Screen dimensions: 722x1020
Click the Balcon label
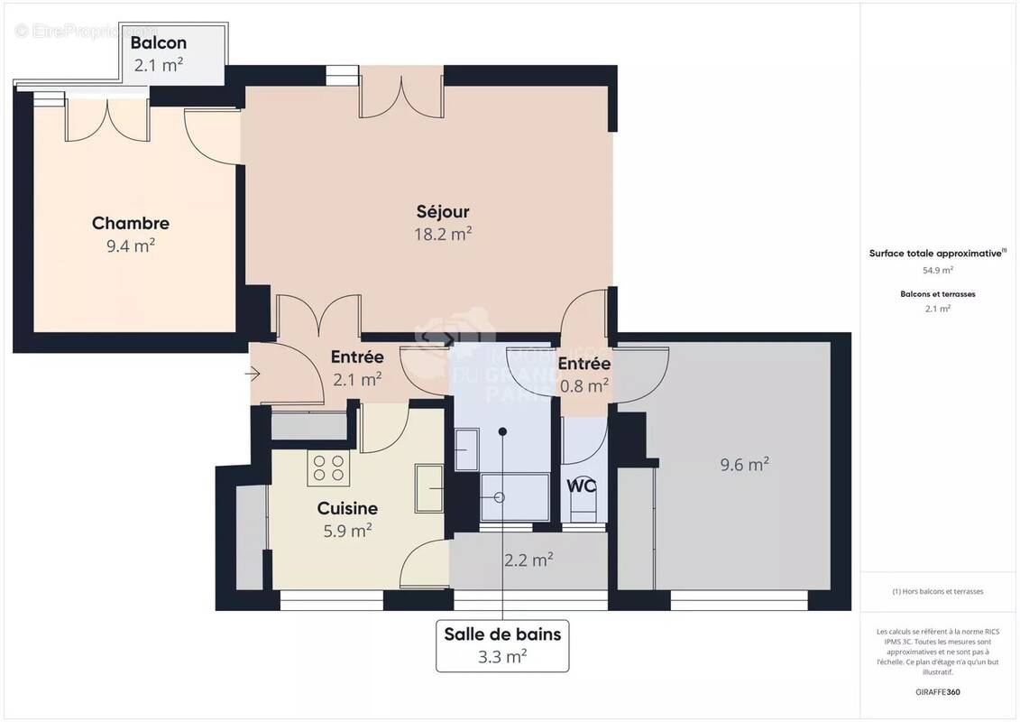[159, 42]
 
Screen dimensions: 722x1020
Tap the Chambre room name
[131, 223]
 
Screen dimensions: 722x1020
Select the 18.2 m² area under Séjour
[443, 234]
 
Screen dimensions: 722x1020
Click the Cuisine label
[347, 508]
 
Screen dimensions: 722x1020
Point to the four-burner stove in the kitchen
[327, 467]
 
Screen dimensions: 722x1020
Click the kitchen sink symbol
[429, 488]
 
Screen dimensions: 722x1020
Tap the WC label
[581, 486]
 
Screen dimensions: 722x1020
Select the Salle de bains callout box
[502, 645]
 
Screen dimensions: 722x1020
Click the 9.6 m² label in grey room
[744, 465]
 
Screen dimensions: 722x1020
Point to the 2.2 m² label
[528, 560]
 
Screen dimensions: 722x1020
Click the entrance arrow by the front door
[253, 373]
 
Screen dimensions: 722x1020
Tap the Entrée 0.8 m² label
[584, 375]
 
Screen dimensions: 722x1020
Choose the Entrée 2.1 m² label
[357, 368]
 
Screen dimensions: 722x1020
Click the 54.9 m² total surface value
[938, 270]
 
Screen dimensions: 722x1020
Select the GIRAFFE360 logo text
[938, 692]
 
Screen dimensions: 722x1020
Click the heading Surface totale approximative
[936, 255]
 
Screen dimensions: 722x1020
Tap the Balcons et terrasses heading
[938, 294]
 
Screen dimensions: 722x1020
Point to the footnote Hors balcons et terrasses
[938, 591]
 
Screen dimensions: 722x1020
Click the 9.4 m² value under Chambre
[131, 245]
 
